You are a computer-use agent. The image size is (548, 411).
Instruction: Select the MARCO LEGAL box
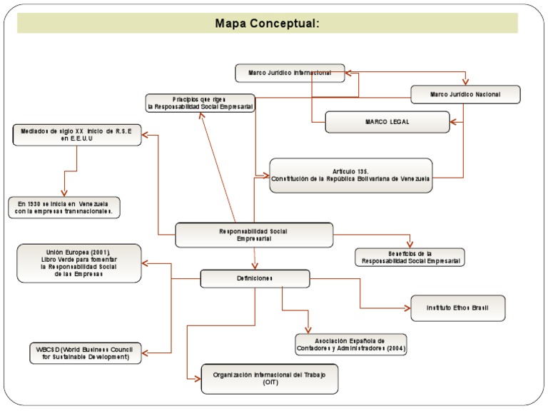387,122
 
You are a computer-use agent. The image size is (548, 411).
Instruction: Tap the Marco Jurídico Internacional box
290,73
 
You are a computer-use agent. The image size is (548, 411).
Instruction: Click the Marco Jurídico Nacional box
465,94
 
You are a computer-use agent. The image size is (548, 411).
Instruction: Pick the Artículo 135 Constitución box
350,176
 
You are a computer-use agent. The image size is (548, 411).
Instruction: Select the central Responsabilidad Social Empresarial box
254,235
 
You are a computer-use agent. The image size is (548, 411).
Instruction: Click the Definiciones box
255,278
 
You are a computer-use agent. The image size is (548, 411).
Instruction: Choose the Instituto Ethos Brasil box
457,308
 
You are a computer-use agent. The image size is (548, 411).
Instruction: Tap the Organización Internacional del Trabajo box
269,378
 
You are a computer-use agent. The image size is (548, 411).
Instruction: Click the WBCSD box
85,352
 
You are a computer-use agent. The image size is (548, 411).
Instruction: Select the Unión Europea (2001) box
78,263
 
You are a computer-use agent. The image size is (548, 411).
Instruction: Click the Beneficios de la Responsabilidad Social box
410,257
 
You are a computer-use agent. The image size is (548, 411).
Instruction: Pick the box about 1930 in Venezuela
64,207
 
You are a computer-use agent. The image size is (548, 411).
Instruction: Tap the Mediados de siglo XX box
76,134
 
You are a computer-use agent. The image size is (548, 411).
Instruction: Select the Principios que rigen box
200,103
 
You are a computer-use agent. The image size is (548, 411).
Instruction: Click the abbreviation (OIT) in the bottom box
269,383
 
